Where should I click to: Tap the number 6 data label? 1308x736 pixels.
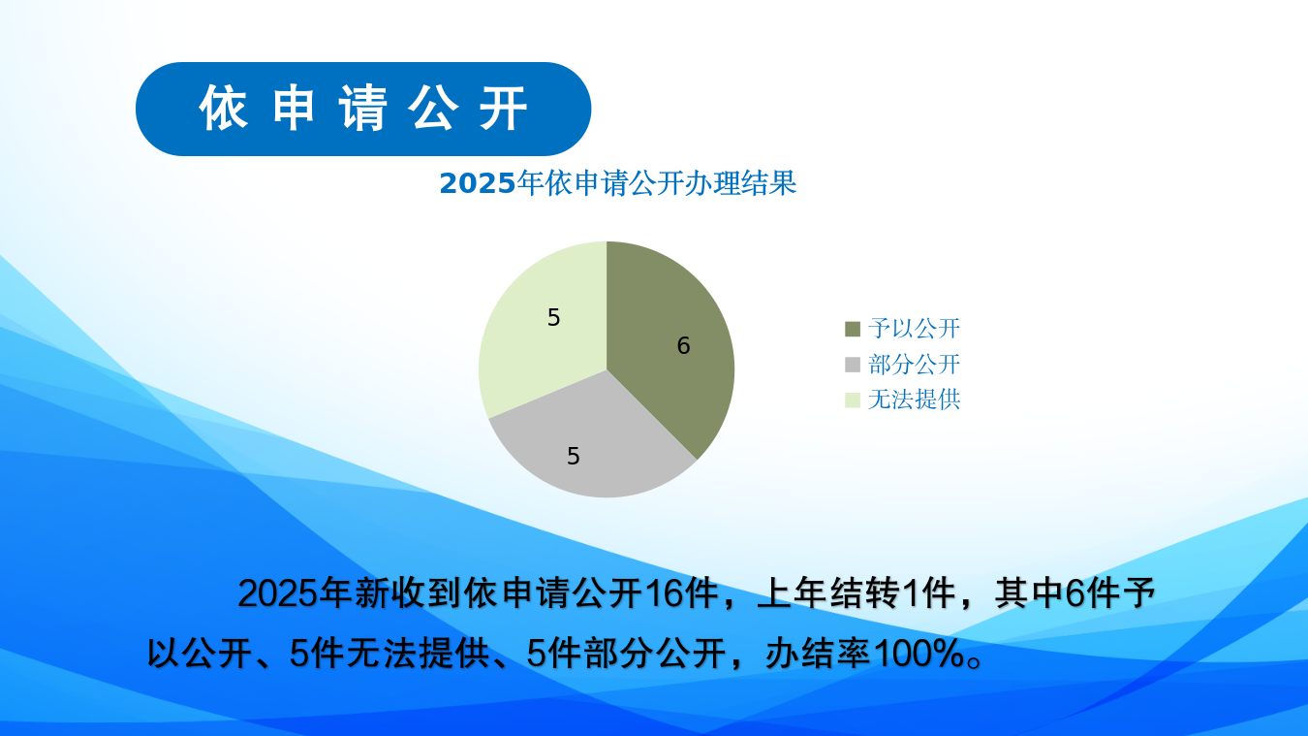pos(683,345)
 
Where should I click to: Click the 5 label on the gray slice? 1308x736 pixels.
pos(573,456)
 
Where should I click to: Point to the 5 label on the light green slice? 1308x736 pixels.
pos(553,317)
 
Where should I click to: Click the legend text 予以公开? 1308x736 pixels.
pos(914,328)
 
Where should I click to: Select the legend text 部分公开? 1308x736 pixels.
pos(914,365)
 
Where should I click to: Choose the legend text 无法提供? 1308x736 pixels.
pos(914,400)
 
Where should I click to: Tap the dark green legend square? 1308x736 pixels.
pos(853,329)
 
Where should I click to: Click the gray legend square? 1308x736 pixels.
pos(853,365)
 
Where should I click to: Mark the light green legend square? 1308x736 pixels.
pos(853,400)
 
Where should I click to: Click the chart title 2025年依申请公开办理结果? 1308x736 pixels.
pos(618,183)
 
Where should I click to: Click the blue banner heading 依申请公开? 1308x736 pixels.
pos(363,109)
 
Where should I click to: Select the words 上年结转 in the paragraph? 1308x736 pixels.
pos(829,593)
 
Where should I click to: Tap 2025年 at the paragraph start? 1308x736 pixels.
pos(294,593)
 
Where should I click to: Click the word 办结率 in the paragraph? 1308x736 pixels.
pos(819,653)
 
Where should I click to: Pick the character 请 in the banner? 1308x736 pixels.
pos(363,109)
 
